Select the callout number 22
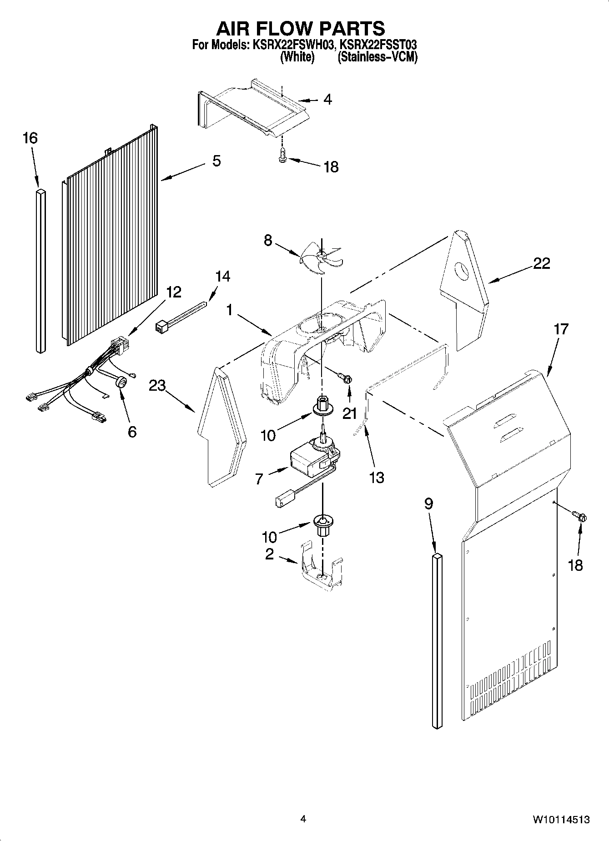click(x=541, y=263)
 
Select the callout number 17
click(x=561, y=329)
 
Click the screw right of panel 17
click(x=581, y=516)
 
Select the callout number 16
click(x=30, y=138)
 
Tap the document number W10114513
click(x=561, y=820)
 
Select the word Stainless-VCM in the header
click(x=377, y=57)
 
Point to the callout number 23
click(x=157, y=386)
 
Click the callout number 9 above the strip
click(x=428, y=504)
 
